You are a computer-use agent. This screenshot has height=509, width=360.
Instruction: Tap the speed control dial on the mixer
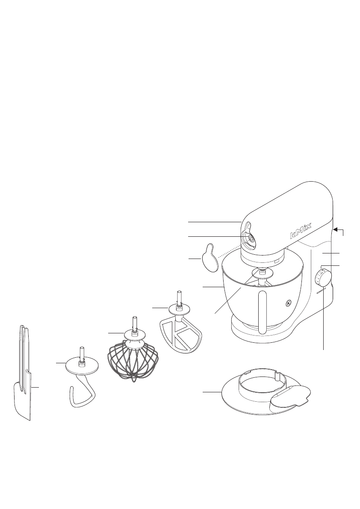(323, 278)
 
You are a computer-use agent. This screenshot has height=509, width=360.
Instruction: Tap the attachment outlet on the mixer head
(250, 238)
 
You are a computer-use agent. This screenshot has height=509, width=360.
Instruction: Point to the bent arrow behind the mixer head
(340, 231)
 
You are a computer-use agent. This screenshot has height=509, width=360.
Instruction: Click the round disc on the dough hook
(81, 365)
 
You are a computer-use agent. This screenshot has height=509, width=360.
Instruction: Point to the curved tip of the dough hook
(72, 391)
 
